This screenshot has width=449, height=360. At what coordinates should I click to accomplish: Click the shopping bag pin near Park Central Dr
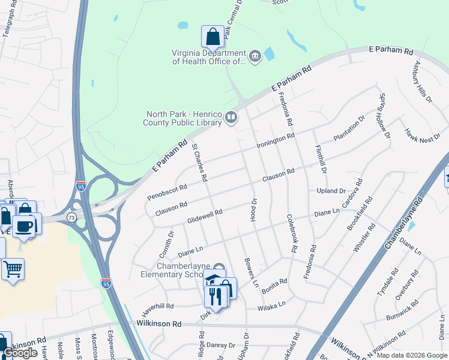click(x=212, y=37)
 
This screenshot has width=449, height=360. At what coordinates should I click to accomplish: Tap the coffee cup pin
click(x=25, y=226)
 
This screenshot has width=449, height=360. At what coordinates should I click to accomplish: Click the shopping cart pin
click(x=13, y=269)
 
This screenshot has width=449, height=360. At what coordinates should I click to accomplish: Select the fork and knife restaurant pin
click(x=215, y=296)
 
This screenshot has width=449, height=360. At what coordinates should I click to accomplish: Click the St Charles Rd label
click(x=199, y=162)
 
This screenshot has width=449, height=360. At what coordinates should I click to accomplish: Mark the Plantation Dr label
click(x=349, y=129)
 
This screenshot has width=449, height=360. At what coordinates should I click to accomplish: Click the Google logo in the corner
click(x=21, y=353)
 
